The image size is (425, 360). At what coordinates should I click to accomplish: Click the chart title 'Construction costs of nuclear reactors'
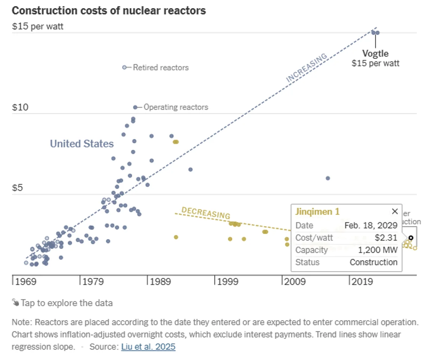pos(109,10)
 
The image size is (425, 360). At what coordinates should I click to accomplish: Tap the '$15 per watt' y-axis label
pos(37,27)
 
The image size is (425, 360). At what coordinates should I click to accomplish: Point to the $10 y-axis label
pos(20,108)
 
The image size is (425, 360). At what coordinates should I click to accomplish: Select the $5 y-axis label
pos(18,188)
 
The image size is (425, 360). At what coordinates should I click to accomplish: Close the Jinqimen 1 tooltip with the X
pos(394,211)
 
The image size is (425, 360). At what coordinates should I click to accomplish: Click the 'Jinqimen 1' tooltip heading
pos(317,212)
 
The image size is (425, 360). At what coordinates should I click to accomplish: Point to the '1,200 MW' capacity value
pos(378,250)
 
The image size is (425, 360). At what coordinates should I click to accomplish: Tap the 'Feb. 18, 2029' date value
pos(371,226)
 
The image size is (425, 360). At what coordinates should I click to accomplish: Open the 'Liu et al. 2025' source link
pos(148,347)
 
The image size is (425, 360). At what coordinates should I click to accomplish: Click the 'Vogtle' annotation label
pos(375,53)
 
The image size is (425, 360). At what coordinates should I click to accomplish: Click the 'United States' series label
pos(82,144)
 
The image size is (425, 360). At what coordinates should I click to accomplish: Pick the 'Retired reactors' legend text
pos(161,68)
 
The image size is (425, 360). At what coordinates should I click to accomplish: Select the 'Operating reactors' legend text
pos(176,107)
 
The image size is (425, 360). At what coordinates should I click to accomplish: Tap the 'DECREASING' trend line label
pos(205,213)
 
